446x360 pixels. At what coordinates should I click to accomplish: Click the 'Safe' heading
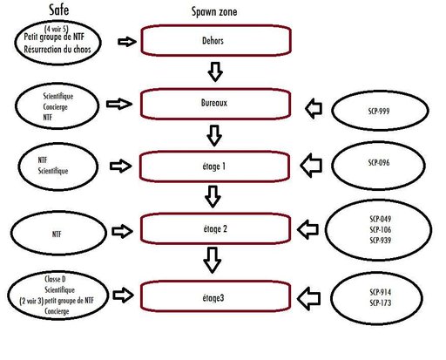[x=59, y=10]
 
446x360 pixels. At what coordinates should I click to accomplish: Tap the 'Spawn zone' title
[x=214, y=12]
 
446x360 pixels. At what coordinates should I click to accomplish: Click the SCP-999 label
[x=379, y=111]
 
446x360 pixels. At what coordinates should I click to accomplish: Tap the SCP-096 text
[x=379, y=163]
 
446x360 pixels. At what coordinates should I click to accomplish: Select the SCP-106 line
[x=381, y=230]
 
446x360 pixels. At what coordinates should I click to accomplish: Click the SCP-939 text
[x=381, y=241]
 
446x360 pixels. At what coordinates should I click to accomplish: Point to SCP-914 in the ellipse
[x=381, y=292]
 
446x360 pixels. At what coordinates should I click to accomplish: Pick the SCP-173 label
[x=381, y=302]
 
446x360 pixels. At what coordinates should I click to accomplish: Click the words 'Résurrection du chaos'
[x=57, y=50]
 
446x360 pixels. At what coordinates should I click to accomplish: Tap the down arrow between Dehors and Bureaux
[x=215, y=71]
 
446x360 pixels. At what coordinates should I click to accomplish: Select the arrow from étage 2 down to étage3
[x=213, y=261]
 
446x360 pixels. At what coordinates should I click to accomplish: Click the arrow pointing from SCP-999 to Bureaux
[x=314, y=108]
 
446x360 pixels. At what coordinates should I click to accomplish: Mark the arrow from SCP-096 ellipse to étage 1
[x=311, y=166]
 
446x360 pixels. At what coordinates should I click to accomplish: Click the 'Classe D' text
[x=55, y=279]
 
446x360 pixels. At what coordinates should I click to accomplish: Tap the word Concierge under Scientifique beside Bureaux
[x=55, y=107]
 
